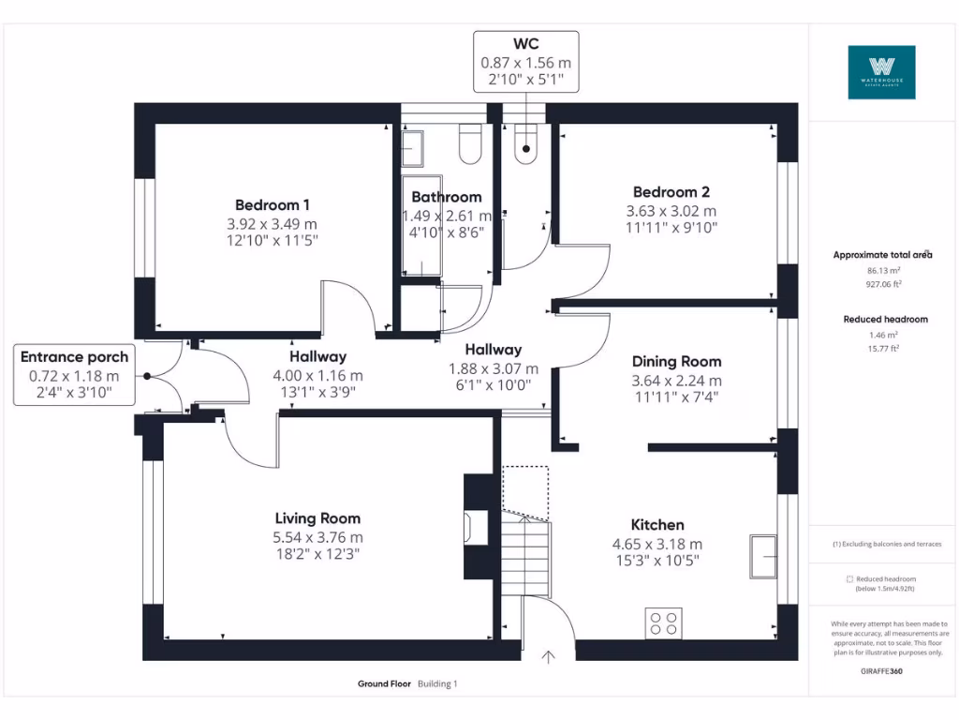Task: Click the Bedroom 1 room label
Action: (273, 204)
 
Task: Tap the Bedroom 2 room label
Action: (671, 192)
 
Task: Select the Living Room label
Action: (317, 517)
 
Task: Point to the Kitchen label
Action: (657, 524)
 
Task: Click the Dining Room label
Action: (676, 361)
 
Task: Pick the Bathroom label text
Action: (447, 197)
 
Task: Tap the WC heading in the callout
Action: (525, 44)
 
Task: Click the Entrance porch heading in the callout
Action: (75, 356)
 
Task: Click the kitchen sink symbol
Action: (763, 558)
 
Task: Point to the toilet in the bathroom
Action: (469, 145)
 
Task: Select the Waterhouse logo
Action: (881, 72)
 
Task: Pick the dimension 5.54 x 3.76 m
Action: (317, 537)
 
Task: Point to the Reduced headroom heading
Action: (885, 320)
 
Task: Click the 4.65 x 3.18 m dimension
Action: (657, 544)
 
